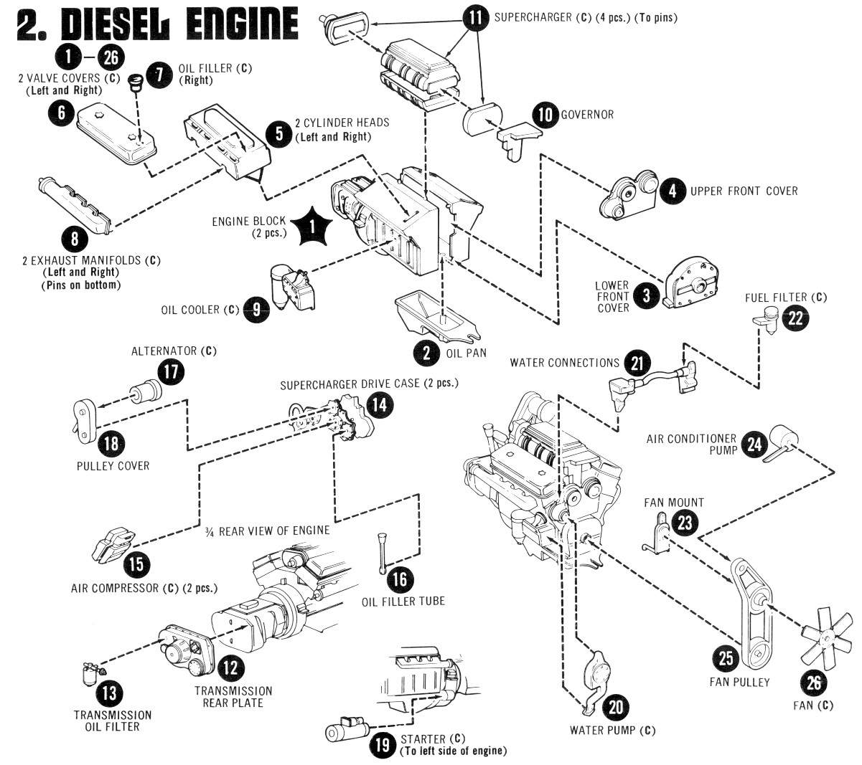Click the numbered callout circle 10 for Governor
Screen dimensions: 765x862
click(x=545, y=115)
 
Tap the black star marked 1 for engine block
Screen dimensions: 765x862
click(x=311, y=227)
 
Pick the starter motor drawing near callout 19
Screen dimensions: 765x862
click(x=344, y=728)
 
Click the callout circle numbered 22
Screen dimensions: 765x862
click(x=795, y=318)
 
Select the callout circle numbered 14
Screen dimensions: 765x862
click(x=380, y=405)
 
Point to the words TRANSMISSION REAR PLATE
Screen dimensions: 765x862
click(x=233, y=697)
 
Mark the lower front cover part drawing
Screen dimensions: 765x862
click(x=688, y=284)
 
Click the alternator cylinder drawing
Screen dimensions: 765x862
click(x=146, y=393)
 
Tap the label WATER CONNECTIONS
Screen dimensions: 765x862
click(x=564, y=363)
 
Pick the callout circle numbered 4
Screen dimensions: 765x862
click(x=673, y=191)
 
